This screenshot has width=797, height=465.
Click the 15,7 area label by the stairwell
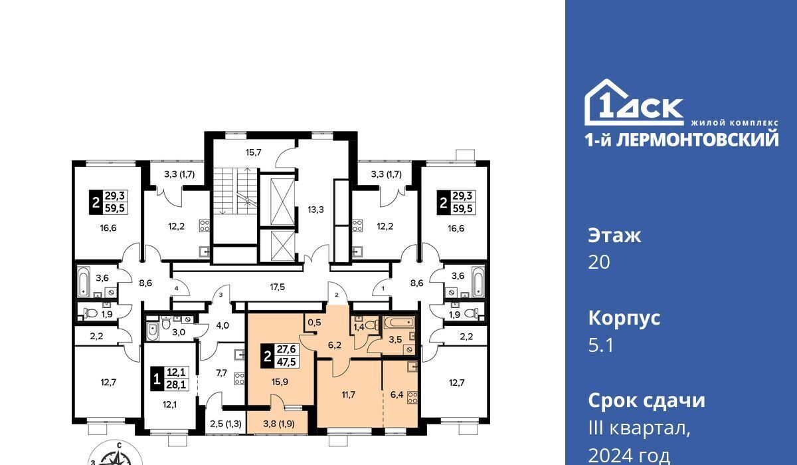pyautogui.click(x=253, y=153)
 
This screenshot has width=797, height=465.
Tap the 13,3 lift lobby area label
pyautogui.click(x=315, y=210)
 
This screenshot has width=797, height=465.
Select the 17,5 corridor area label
pyautogui.click(x=277, y=287)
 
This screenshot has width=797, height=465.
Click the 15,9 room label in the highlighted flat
pyautogui.click(x=280, y=382)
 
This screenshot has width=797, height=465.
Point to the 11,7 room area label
pyautogui.click(x=348, y=394)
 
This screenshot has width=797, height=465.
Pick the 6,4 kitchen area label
pyautogui.click(x=397, y=394)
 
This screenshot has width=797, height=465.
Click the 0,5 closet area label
pyautogui.click(x=315, y=323)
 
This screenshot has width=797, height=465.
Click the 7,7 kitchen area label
pyautogui.click(x=221, y=373)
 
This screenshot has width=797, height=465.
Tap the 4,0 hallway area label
pyautogui.click(x=222, y=325)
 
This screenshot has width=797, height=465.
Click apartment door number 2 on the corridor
pyautogui.click(x=337, y=295)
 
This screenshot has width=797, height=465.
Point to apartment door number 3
pyautogui.click(x=221, y=295)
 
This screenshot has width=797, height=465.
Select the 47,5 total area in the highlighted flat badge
pyautogui.click(x=286, y=362)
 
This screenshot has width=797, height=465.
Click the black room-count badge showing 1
pyautogui.click(x=156, y=379)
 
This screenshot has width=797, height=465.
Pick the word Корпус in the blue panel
pyautogui.click(x=624, y=318)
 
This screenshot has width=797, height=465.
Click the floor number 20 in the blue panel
pyautogui.click(x=599, y=262)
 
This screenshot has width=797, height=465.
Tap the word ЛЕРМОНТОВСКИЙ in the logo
pyautogui.click(x=697, y=140)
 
